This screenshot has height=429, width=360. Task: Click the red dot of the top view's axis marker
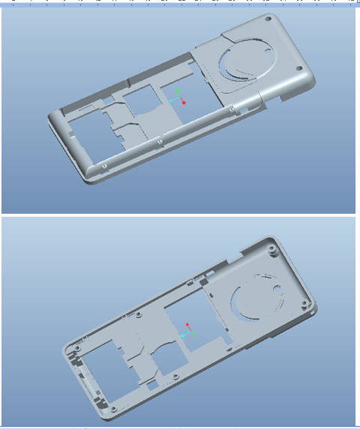pos(183,102)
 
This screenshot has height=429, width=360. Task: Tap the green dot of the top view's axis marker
pos(178,91)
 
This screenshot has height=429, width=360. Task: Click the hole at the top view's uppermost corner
pos(265,21)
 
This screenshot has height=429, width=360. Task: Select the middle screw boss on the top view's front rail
pos(159,139)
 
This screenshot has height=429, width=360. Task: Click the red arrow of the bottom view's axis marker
pos(188,326)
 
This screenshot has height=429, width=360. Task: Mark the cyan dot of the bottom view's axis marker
pos(184,335)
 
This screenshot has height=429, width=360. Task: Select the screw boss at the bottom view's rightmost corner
pos(304,304)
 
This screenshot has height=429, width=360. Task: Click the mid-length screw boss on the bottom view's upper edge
pos(140,314)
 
